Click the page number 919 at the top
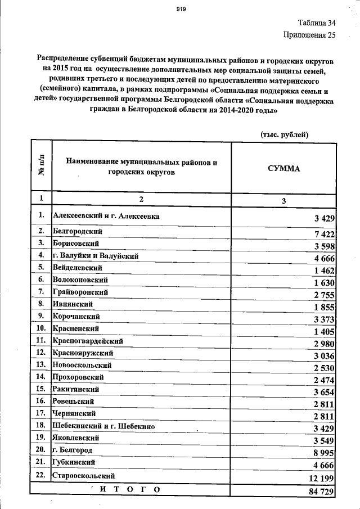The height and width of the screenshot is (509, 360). pyautogui.click(x=181, y=8)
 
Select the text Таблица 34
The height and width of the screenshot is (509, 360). pyautogui.click(x=316, y=24)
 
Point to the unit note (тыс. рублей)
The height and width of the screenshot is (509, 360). pyautogui.click(x=284, y=134)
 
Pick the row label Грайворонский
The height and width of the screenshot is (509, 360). pyautogui.click(x=80, y=291)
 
